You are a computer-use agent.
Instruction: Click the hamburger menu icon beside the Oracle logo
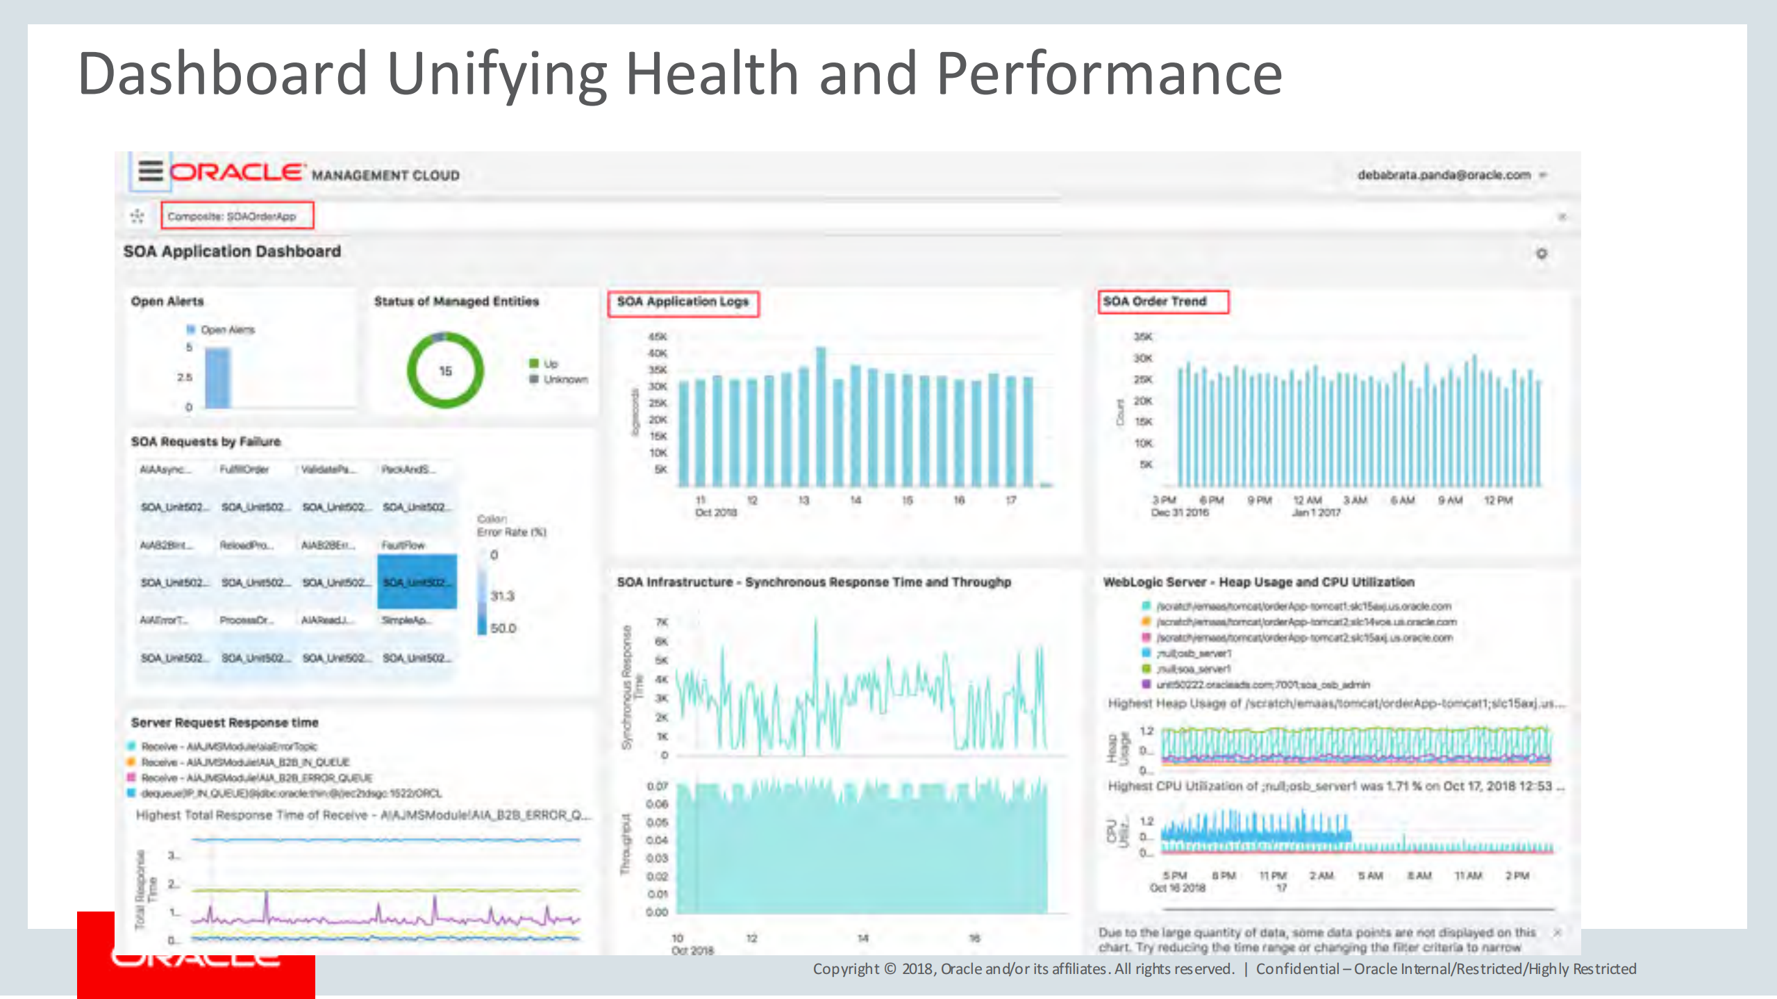coord(150,171)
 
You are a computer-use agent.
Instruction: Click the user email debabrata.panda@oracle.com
coord(1444,175)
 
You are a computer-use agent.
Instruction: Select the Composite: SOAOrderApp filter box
coord(237,216)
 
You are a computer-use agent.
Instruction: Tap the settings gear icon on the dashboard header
coord(1542,253)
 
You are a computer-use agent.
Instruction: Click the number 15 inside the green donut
coord(445,371)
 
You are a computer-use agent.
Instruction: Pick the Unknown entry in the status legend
coord(565,380)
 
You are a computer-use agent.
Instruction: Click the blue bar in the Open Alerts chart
coord(217,378)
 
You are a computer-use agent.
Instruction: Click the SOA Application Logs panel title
coord(683,302)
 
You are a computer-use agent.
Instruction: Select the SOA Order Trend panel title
coord(1155,301)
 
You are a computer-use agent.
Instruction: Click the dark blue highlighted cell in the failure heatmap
coord(417,582)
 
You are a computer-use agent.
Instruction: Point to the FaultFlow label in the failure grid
coord(403,546)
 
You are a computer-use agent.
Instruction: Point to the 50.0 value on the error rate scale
coord(503,628)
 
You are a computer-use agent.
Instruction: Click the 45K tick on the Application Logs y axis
coord(657,337)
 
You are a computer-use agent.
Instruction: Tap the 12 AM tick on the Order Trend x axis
coord(1307,501)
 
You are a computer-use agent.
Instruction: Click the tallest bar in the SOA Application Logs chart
coord(821,417)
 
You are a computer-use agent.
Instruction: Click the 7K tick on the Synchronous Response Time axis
coord(662,622)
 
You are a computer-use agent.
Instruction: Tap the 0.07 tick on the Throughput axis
coord(657,786)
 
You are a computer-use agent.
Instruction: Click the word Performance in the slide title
coord(1109,74)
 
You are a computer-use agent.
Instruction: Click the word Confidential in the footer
coord(1297,969)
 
